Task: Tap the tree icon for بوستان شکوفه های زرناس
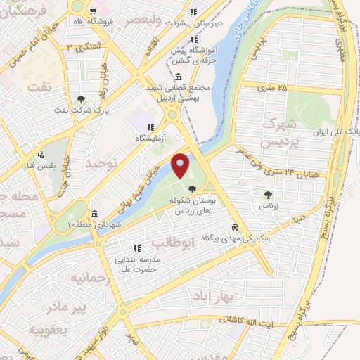click(193, 188)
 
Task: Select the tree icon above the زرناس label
click(267, 195)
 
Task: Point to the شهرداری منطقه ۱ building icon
click(94, 214)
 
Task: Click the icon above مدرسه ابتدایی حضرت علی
click(138, 247)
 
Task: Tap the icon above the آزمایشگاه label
click(150, 127)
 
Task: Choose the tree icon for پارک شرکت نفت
click(82, 99)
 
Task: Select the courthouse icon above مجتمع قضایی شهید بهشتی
click(174, 78)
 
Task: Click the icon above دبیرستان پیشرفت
click(193, 13)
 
